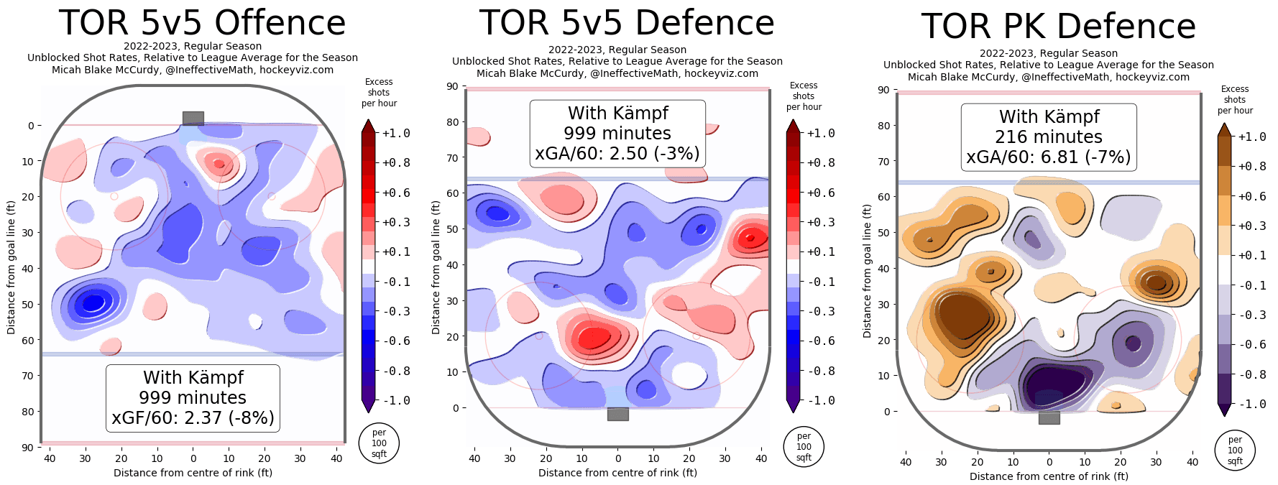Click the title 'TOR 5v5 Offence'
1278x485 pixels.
202,23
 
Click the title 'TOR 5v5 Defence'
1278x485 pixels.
627,23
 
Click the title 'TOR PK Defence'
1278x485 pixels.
1058,27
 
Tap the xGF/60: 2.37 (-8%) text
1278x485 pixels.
193,418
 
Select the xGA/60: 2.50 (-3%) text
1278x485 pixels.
617,154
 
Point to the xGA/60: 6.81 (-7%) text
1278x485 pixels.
1049,157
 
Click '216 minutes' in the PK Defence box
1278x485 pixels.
1049,137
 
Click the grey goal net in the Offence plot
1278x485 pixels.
193,118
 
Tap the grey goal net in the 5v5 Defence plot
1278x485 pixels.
618,414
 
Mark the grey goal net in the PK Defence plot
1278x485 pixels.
1049,417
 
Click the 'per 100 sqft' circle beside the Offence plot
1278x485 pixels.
379,443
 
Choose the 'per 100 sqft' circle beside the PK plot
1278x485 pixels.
1235,451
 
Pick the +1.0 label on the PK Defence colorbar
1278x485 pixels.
1252,137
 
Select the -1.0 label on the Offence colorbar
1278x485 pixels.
396,401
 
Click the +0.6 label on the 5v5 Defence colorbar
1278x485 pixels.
821,193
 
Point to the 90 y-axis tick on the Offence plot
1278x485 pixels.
27,448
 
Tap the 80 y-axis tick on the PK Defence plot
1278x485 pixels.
883,126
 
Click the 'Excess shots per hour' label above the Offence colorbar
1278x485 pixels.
379,93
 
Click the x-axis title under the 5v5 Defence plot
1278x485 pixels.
617,473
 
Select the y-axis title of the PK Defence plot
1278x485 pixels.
868,271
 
